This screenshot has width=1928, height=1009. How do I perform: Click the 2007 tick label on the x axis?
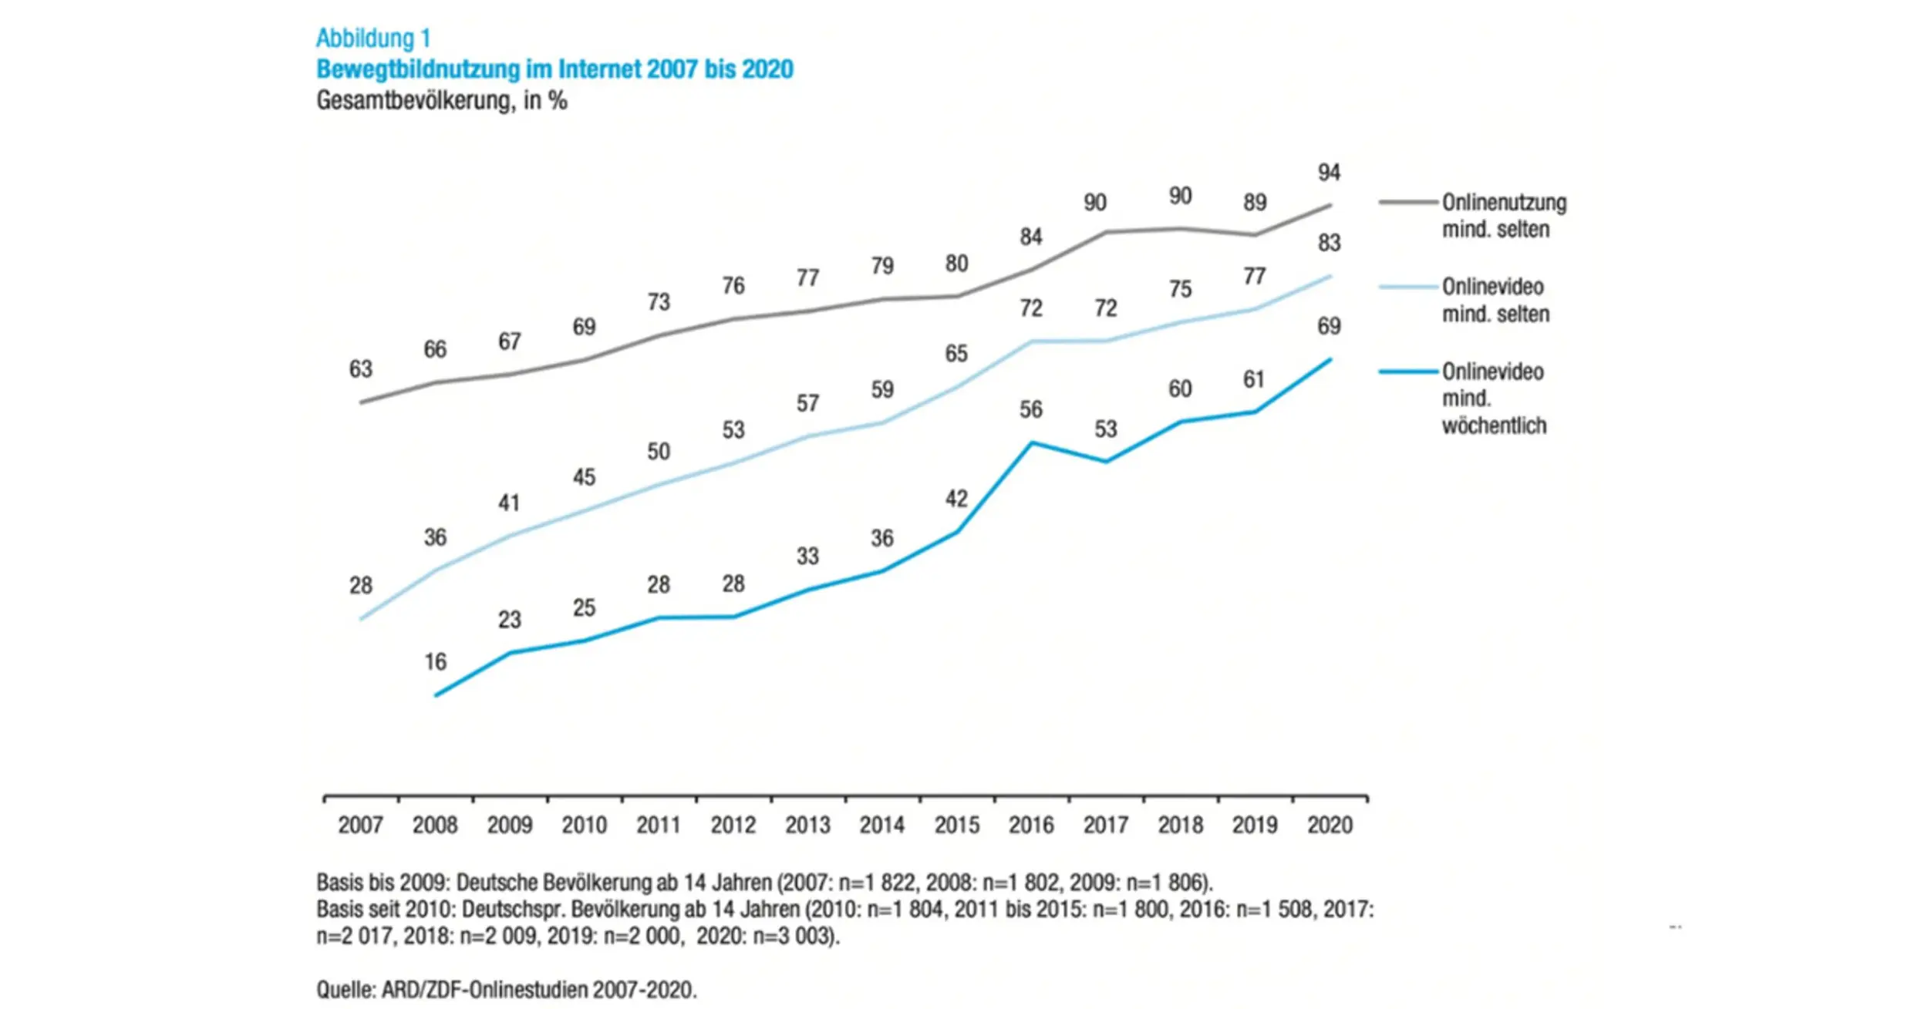click(x=360, y=825)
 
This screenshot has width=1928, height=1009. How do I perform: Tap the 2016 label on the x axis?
click(x=1031, y=825)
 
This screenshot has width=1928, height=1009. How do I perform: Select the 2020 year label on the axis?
click(x=1330, y=825)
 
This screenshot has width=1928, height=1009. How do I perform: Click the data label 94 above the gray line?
click(x=1329, y=173)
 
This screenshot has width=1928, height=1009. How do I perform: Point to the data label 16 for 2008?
click(x=435, y=661)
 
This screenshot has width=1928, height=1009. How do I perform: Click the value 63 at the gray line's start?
click(x=360, y=369)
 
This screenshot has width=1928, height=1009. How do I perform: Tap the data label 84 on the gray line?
click(x=1031, y=237)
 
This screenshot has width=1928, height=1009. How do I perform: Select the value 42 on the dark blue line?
click(x=956, y=499)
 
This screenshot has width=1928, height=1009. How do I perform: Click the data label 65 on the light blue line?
click(x=956, y=354)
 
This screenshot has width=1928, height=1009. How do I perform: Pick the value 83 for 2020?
click(x=1329, y=243)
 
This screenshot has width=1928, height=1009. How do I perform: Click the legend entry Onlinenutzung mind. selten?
click(x=1503, y=216)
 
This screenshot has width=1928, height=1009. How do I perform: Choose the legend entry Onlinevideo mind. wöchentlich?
click(x=1493, y=399)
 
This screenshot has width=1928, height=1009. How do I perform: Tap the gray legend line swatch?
click(x=1408, y=203)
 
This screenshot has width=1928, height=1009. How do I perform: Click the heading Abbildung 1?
click(x=373, y=38)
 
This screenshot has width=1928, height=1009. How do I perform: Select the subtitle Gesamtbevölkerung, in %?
click(x=441, y=101)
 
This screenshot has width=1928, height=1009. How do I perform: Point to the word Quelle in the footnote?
click(x=345, y=990)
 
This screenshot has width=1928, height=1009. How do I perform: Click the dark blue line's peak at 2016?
click(x=1032, y=442)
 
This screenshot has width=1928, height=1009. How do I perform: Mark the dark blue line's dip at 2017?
click(x=1106, y=462)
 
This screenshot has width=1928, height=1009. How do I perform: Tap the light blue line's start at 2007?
click(x=361, y=619)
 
